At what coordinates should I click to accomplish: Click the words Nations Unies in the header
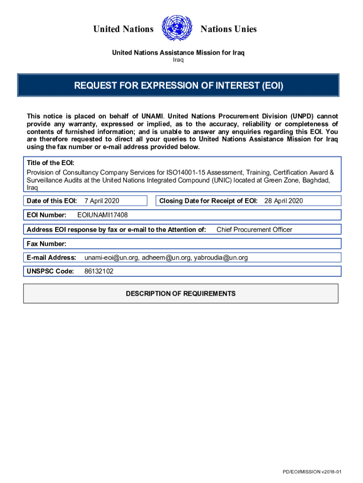point(229,29)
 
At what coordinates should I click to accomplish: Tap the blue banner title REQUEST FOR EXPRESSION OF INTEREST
point(179,86)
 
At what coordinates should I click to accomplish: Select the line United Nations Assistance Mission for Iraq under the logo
point(178,52)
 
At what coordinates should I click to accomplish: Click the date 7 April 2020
point(102,201)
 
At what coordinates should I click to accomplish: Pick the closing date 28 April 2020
point(283,201)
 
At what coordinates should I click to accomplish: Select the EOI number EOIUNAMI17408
point(102,215)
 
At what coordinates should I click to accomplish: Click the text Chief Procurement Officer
point(254,230)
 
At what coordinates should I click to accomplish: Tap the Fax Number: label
point(47,244)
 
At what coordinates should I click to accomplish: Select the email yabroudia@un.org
point(221,258)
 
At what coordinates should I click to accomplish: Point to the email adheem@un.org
point(167,258)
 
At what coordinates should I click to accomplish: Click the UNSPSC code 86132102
point(99,271)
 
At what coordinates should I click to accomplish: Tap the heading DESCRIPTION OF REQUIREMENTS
point(181,293)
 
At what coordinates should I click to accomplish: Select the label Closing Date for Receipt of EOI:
point(208,201)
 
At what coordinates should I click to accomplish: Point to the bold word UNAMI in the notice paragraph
point(150,116)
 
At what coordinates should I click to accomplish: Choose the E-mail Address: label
point(51,258)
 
